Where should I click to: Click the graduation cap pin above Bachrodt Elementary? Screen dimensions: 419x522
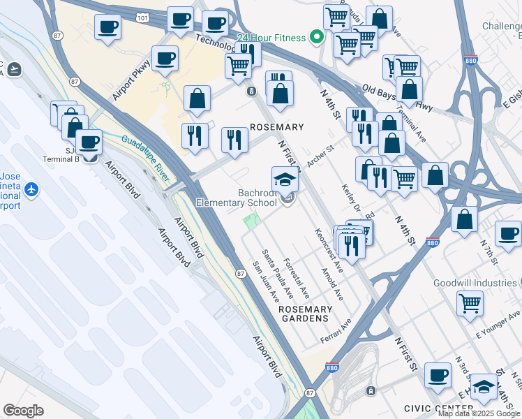[285, 180]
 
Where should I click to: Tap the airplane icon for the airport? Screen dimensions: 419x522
[31, 189]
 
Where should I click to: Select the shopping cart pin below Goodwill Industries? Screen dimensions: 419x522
[470, 303]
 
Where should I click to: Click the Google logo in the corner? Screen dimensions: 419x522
[24, 411]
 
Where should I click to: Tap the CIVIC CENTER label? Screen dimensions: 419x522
[438, 408]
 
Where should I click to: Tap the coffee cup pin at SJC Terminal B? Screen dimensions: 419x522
[89, 142]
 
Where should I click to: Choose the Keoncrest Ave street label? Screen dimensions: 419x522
[329, 250]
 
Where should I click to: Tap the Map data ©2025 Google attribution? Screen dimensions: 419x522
[479, 413]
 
